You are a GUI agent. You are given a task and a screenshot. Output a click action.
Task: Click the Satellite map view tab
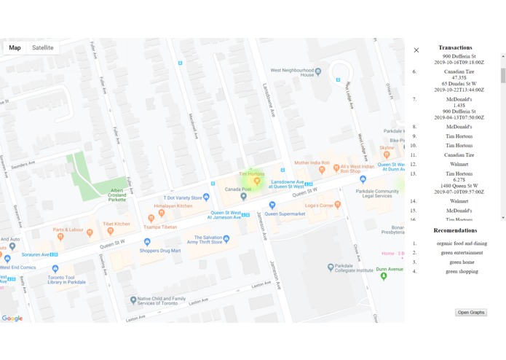coord(42,48)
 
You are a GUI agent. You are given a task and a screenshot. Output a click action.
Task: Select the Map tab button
coord(15,48)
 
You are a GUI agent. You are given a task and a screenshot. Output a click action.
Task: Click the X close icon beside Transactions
coord(416,50)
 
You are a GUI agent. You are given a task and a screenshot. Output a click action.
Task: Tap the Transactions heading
coord(455,48)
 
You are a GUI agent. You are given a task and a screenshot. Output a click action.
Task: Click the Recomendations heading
coord(455,230)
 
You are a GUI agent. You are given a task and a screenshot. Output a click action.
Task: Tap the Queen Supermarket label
coord(285,214)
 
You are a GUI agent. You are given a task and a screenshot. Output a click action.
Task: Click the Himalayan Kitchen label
coord(173,206)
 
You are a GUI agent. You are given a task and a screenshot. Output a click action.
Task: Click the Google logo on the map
coord(12,318)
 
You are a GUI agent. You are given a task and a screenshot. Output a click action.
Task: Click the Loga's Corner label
coord(323,206)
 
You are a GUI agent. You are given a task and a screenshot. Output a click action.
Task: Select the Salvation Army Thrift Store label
coord(205,240)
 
